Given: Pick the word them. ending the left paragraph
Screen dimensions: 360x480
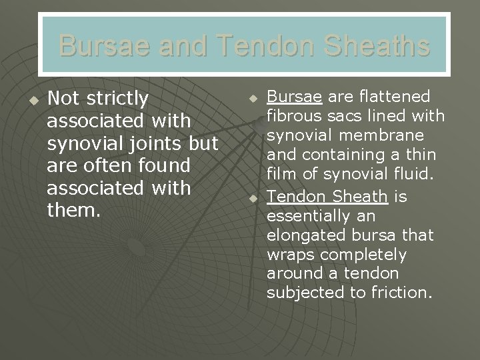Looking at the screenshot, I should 73,210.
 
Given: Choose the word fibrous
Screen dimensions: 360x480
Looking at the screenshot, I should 293,117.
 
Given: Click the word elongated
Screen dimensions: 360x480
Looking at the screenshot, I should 306,235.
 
